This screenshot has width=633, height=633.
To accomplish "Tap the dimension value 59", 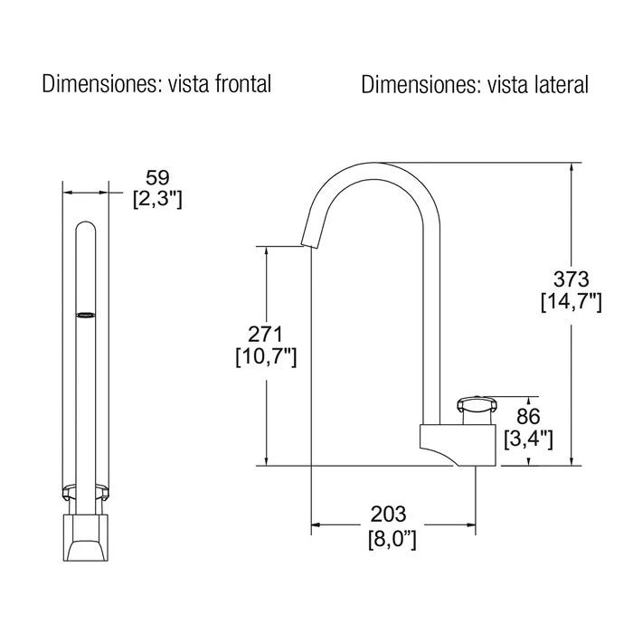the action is [x=157, y=178].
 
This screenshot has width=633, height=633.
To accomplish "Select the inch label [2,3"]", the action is [x=157, y=199].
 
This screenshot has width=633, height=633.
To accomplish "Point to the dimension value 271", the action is [x=266, y=335].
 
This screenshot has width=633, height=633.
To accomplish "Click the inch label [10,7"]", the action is [x=266, y=357].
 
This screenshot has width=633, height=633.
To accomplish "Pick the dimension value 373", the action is [x=572, y=279].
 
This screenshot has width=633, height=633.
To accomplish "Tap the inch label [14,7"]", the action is [x=572, y=301].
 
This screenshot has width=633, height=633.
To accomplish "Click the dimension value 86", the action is [x=528, y=417].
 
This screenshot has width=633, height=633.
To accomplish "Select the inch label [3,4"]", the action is [x=528, y=439].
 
